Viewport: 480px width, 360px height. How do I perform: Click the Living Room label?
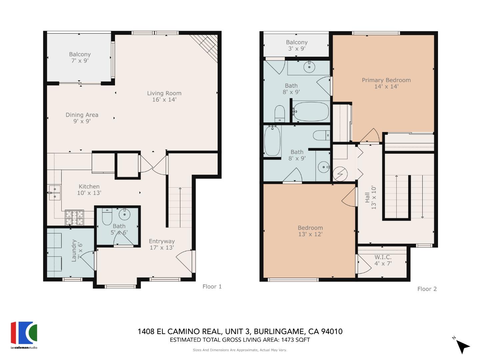pos(164,96)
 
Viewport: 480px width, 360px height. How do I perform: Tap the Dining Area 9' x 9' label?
pos(82,118)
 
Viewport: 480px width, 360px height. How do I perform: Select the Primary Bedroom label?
pos(386,83)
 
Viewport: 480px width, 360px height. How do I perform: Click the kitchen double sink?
pos(54,193)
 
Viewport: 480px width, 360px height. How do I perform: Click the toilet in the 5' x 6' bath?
pos(107,217)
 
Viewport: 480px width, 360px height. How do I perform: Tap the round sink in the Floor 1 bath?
pos(125,214)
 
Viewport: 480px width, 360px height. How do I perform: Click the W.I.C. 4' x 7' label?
pos(383,260)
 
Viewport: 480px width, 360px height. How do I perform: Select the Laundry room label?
pos(76,250)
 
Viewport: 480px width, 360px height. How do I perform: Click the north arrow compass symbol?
pos(462,346)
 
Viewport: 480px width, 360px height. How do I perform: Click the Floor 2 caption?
pos(427,289)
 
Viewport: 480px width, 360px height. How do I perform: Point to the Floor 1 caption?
pos(212,286)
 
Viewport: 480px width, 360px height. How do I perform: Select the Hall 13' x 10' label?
pos(370,198)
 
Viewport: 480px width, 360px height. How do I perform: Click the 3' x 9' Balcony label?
pos(296,45)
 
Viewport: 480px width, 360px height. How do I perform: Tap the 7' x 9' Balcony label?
pos(80,57)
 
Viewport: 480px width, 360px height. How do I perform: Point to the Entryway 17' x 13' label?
pos(162,244)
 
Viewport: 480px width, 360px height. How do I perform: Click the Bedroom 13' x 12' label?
pos(310,231)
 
